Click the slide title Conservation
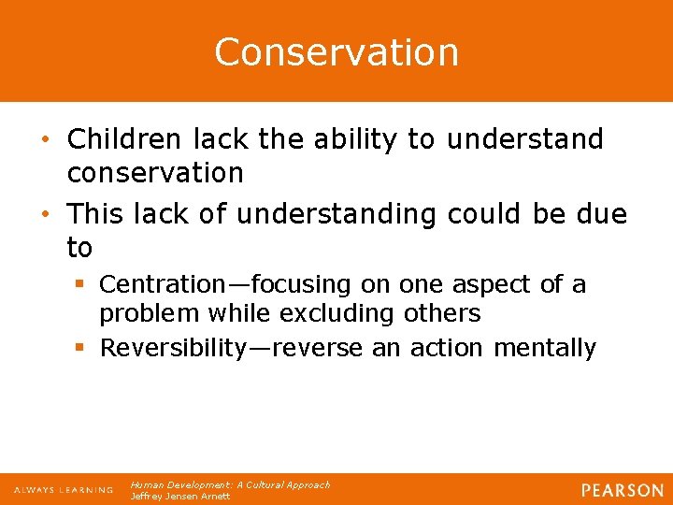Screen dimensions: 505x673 (x=336, y=51)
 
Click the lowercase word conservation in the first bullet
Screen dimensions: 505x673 (x=155, y=173)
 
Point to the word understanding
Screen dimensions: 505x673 (x=336, y=214)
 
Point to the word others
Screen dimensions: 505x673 (x=445, y=312)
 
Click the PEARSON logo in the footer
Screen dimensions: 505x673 (x=622, y=490)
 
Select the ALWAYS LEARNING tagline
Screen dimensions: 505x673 (x=64, y=490)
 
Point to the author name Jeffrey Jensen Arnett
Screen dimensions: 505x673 (x=180, y=496)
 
